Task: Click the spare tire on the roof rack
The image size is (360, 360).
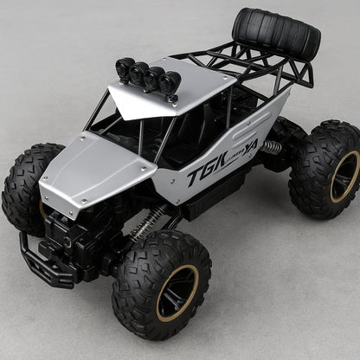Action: (x=275, y=35)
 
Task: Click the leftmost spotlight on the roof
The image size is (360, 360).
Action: (x=124, y=67)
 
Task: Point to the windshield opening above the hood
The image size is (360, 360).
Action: (x=117, y=121)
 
